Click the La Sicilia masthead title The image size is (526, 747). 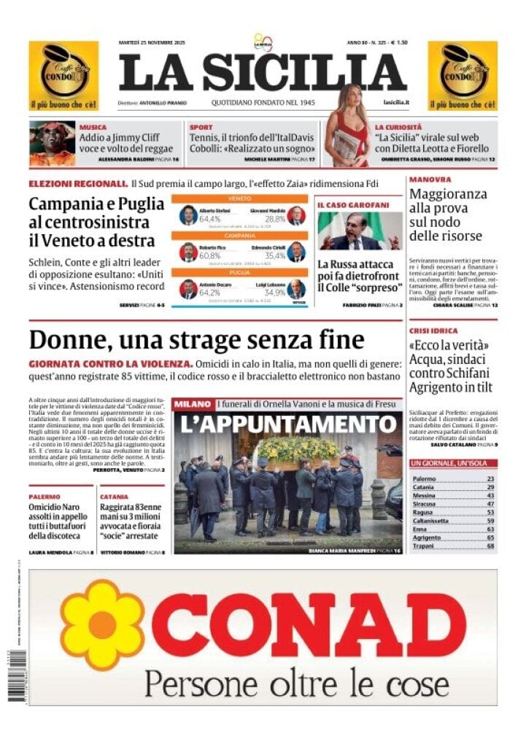pos(263,73)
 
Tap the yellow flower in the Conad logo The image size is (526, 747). pos(102,624)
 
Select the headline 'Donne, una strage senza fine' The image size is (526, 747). pos(196,340)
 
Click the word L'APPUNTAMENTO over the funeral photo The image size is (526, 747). pos(287,424)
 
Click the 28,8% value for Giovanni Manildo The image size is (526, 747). pos(275,219)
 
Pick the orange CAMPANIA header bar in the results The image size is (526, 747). pos(239,236)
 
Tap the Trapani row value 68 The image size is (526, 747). pos(490,546)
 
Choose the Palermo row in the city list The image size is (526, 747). pos(452,479)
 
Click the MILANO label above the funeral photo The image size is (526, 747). pos(193,403)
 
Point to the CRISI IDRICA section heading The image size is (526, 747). pos(433,330)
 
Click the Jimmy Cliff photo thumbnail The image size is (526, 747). pos(52,143)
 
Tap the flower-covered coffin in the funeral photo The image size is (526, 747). pos(298,450)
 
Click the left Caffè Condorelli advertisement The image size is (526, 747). pos(63,75)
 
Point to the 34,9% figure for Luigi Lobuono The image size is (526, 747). pos(275,293)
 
